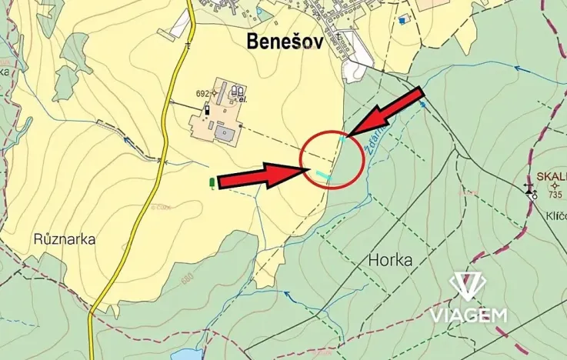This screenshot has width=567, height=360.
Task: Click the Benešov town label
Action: (x=284, y=42)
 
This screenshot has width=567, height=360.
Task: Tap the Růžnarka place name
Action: (x=65, y=238)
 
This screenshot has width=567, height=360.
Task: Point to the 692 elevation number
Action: (x=202, y=94)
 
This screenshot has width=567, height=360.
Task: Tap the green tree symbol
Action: (x=212, y=183)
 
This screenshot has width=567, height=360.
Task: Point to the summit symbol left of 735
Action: (x=530, y=190)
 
